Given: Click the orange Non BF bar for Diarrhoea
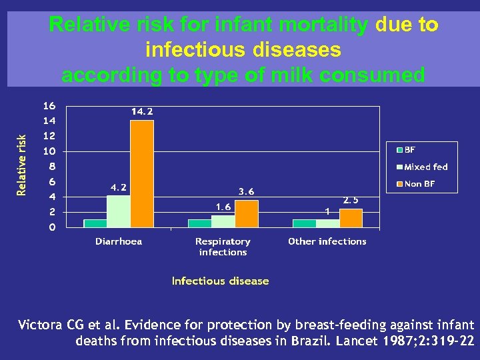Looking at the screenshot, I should tap(141, 173).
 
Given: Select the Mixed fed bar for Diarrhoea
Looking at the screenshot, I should tap(118, 211).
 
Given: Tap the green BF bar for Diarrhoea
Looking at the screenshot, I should tap(95, 223).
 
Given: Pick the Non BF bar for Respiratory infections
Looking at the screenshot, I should tap(246, 213).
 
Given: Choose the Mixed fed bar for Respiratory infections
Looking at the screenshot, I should tap(223, 221).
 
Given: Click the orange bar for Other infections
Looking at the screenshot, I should tap(351, 218).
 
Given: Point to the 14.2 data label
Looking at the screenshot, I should tap(141, 112).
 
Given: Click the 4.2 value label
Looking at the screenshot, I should tap(119, 188).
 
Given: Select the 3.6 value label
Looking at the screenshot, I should tap(246, 192).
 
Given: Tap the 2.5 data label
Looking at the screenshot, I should tap(351, 200).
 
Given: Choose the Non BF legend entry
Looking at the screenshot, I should tap(419, 183).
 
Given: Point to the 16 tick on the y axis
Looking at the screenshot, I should tap(49, 106).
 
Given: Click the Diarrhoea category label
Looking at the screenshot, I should tap(119, 241).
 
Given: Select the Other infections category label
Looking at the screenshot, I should tap(327, 241).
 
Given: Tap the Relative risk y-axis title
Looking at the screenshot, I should tap(22, 165).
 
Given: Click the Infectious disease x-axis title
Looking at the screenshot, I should tap(220, 281).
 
